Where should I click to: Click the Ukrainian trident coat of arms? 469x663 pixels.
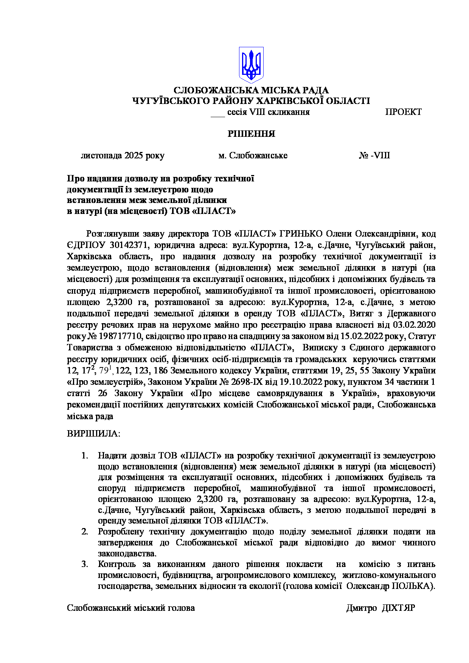(251, 65)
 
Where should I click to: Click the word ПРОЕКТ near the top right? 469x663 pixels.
(403, 112)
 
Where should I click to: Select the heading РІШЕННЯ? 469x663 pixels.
(251, 134)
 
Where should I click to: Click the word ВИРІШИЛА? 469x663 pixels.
(93, 433)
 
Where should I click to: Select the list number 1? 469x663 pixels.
(85, 456)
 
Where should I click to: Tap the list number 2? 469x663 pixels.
(85, 532)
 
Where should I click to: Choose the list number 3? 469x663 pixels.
(85, 564)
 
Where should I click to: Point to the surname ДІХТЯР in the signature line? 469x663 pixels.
(399, 608)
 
